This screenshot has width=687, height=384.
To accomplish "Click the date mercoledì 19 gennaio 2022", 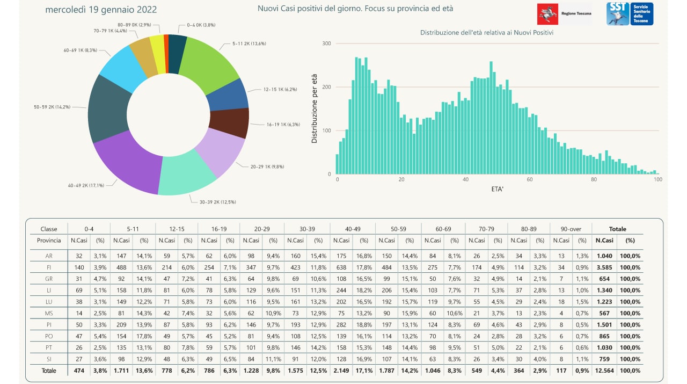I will tap(101, 10).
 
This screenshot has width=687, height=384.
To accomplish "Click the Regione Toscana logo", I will tap(564, 13).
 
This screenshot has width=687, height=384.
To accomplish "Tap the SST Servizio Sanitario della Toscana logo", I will tap(630, 13).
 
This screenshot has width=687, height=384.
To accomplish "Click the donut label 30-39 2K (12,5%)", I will tap(214, 202).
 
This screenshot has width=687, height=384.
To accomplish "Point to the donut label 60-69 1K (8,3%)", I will tap(80, 50).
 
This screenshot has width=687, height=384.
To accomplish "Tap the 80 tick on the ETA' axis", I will tap(594, 180).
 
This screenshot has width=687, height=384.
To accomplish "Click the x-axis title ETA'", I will tap(498, 190).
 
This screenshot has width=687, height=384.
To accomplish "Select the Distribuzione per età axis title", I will tap(315, 107).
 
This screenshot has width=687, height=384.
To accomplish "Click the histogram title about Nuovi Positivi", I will tap(487, 33).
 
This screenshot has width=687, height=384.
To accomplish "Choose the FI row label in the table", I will tap(49, 267).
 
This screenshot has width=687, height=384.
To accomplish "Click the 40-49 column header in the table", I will tap(353, 229).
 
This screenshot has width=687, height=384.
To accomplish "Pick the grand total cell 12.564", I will tap(604, 370).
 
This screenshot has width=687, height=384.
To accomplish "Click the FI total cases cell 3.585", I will tap(604, 267).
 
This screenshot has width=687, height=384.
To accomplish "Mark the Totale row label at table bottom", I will tap(49, 370).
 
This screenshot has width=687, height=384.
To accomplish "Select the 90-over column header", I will tap(571, 229).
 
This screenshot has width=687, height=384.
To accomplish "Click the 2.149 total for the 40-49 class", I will tap(341, 370).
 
